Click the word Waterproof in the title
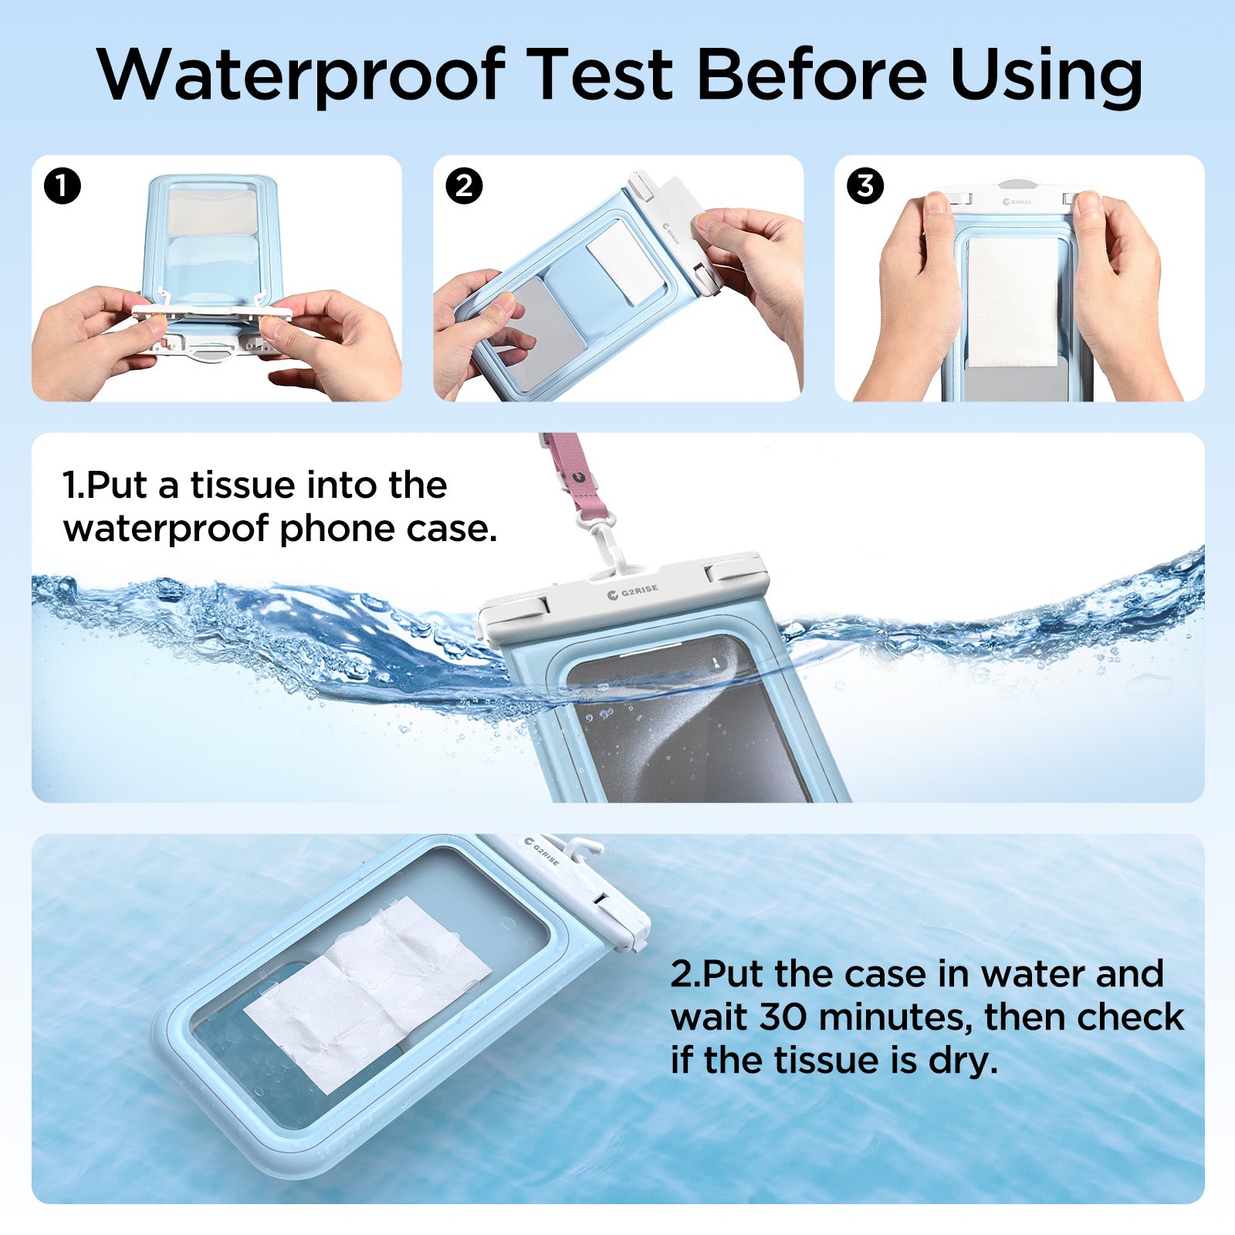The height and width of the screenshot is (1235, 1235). coord(301,75)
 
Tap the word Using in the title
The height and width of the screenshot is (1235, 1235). coord(1046,75)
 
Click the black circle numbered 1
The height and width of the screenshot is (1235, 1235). coord(63,186)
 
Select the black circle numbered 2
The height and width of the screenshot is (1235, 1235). coord(464,186)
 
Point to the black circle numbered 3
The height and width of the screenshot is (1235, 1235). coord(865,186)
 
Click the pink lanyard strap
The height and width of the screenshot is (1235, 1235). coord(567,471)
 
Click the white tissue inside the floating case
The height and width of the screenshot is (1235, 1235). coord(367,996)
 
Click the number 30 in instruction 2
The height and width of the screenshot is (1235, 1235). coord(784,1017)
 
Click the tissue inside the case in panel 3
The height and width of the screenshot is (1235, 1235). coord(1013,301)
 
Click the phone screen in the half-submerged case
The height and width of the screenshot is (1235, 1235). coord(687,726)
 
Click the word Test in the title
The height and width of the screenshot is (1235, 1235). coord(602,75)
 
